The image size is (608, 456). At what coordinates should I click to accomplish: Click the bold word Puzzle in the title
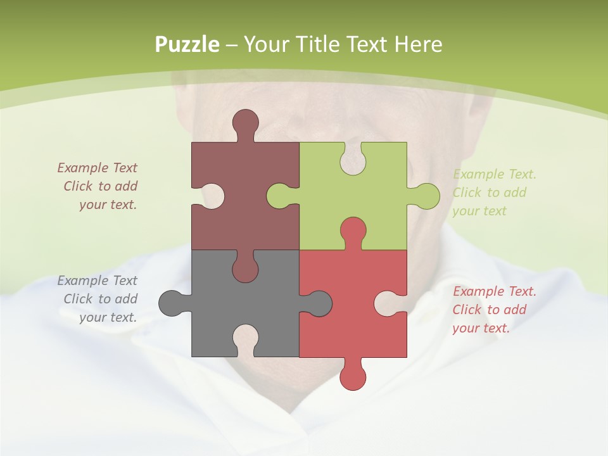pos(187,44)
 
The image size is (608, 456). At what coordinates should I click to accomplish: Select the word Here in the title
pos(418,44)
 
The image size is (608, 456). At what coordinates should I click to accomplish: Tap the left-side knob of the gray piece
pos(171,303)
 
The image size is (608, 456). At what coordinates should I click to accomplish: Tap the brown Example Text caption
pos(99,186)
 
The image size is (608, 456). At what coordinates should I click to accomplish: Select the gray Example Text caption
pos(99,299)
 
